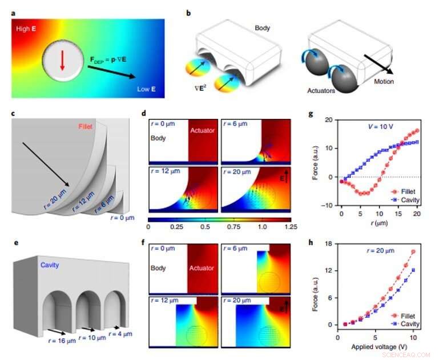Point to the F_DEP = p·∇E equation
[x=114, y=58]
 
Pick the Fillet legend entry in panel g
[x=400, y=192]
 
